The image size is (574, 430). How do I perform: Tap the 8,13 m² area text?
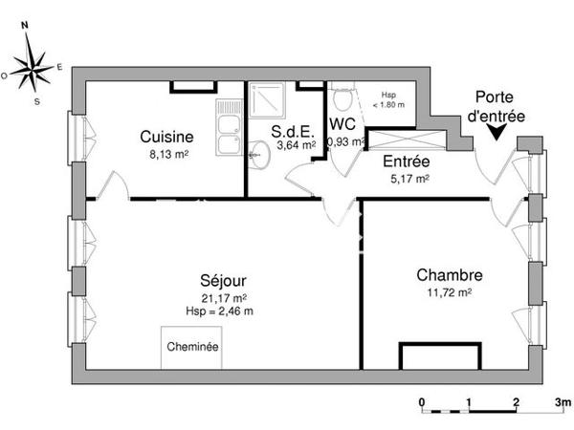[167, 151]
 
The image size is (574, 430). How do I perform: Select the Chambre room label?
[450, 274]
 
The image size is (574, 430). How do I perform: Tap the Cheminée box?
[192, 347]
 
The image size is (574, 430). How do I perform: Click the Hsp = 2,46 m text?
[220, 310]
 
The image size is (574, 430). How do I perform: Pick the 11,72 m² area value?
[450, 291]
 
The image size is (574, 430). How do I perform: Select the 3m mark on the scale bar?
[563, 399]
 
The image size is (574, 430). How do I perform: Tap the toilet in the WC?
[341, 100]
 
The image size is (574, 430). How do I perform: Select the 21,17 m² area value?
[220, 297]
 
